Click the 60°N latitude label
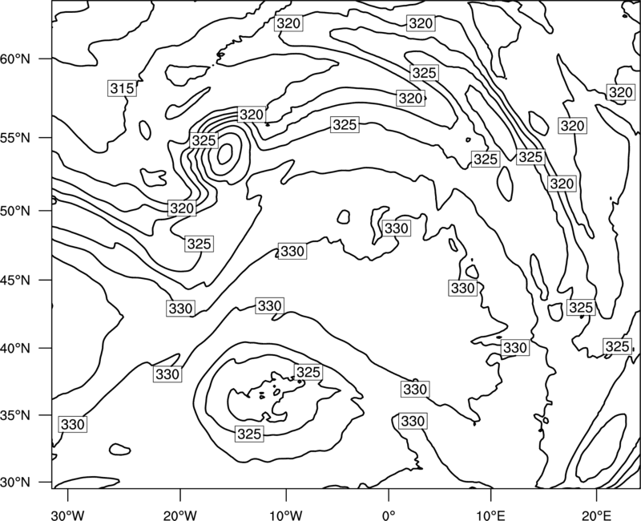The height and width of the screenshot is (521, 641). coord(15,59)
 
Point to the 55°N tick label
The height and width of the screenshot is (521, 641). coord(15,138)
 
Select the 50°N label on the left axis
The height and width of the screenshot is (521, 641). coord(15,211)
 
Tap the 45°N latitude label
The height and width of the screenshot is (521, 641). coord(15,280)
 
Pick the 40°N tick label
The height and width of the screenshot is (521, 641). coord(15,348)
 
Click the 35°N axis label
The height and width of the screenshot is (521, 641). coord(15,415)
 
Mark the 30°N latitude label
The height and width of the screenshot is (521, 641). coord(15,483)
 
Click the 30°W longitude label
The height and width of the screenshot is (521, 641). coord(67,515)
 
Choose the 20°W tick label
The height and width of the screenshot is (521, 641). coord(179,515)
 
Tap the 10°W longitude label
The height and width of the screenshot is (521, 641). coord(286,515)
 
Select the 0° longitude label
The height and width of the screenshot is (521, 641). coord(389,515)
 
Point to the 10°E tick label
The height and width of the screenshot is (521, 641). coord(490,515)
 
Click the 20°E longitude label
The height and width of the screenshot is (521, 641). coord(596,515)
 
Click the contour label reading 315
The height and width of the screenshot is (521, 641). coord(123,88)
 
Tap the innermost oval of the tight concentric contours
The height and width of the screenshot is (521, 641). coord(225,154)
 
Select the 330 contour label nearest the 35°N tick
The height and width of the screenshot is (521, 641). coord(73,425)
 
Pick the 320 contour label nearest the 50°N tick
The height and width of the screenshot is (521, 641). coord(182,208)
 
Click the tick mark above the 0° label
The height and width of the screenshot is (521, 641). coord(389,494)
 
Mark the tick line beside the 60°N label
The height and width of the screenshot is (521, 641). coord(46,59)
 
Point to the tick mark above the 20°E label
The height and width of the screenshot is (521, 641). coord(596,494)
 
